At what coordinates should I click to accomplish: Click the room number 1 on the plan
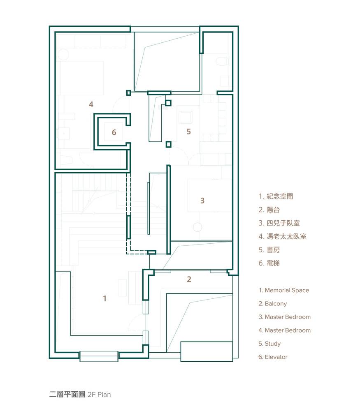coord(105,298)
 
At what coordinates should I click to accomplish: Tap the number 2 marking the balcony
coord(189,279)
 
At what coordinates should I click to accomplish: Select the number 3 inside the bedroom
coord(202,201)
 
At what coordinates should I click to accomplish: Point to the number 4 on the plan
coord(91,104)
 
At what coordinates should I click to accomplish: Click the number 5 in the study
coord(189,132)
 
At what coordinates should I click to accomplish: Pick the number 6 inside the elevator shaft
coord(114,132)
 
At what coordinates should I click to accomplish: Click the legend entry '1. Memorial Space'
coord(284,291)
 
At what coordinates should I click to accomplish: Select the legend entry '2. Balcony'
coord(273,304)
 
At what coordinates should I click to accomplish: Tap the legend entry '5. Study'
coord(269,344)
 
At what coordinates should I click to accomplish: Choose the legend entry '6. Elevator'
coord(273,357)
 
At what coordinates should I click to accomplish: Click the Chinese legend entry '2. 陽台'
coord(269,210)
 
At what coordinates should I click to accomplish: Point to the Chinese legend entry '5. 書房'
coord(269,250)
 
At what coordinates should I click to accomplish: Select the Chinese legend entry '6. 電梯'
coord(269,263)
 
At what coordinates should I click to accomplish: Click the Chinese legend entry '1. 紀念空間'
coord(276,196)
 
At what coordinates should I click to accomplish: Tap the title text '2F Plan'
coord(99,395)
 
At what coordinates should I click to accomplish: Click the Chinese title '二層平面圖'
coord(67,395)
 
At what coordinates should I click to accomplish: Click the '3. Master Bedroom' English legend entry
coord(284,317)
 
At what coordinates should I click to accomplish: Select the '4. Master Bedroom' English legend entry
coord(284,330)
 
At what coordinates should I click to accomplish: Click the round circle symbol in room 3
coord(197,227)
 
